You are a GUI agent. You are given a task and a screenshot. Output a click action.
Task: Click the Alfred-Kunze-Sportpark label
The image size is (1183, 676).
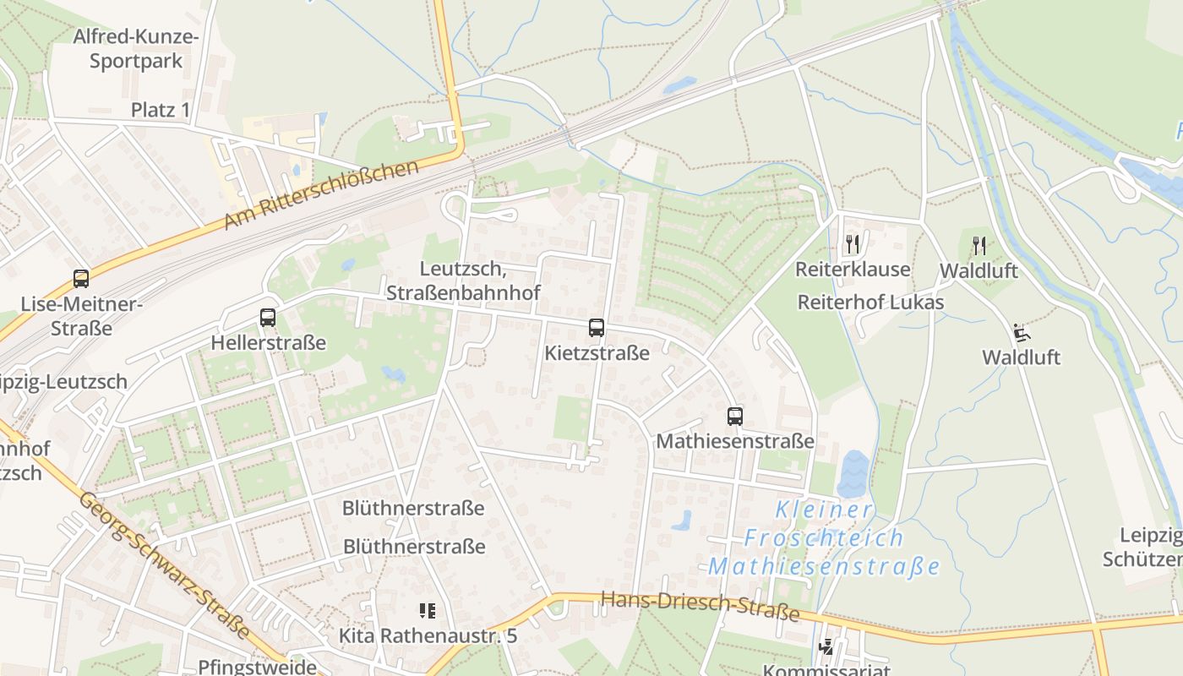(x=135, y=49)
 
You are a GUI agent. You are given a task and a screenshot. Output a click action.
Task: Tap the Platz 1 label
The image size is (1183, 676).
(x=161, y=110)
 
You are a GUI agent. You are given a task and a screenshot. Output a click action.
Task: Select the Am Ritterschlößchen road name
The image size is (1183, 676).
(x=321, y=195)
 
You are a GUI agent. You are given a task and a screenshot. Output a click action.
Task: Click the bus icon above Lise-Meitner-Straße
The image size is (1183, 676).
(x=81, y=278)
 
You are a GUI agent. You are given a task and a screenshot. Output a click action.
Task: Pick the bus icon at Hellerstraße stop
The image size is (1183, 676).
(x=268, y=318)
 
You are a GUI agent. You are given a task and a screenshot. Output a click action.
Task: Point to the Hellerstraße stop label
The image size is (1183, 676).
(x=268, y=343)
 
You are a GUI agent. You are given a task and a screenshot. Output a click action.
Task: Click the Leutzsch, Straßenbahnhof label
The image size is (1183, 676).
(x=463, y=281)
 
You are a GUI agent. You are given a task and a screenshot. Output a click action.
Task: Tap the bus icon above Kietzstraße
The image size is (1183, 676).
(x=597, y=328)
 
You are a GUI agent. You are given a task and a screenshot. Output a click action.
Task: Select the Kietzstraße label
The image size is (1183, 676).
(x=597, y=352)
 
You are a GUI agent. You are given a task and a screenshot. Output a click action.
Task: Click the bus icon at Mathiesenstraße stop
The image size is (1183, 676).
(x=735, y=416)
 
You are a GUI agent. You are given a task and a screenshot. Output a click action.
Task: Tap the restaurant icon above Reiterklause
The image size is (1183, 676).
(x=853, y=245)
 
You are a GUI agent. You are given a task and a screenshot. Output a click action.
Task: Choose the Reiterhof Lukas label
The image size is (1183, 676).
(x=870, y=302)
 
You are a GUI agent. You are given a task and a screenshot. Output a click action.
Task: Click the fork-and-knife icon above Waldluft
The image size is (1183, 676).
(x=979, y=246)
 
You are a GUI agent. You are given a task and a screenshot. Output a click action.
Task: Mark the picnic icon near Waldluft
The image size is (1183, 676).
(x=1021, y=332)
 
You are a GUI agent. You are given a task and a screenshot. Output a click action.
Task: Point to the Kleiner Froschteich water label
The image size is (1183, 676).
(x=825, y=537)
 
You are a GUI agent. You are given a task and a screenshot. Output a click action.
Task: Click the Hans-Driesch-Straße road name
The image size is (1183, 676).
(x=700, y=606)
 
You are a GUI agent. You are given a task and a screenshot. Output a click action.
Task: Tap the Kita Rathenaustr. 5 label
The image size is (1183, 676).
(x=428, y=635)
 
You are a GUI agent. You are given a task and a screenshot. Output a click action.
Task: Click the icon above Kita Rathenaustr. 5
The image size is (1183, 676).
(x=428, y=610)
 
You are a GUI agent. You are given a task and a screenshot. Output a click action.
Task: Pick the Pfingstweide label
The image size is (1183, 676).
(x=257, y=666)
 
